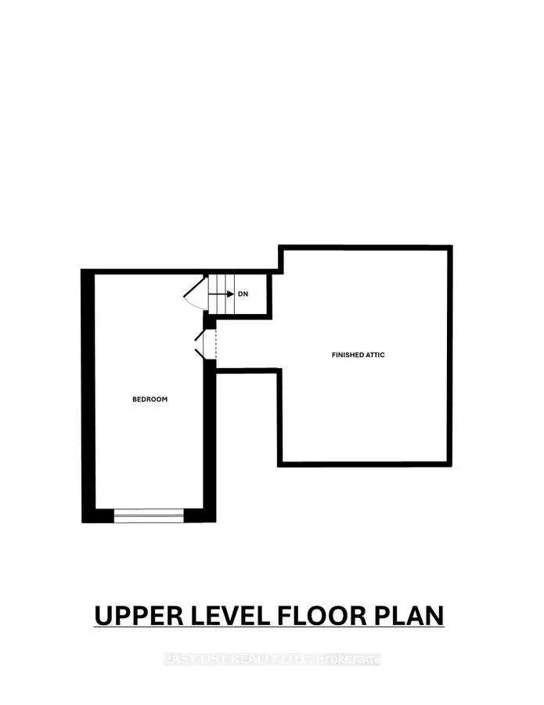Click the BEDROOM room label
point(150,399)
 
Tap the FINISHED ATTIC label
point(358,355)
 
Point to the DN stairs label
point(243,294)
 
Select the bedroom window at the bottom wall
point(149,515)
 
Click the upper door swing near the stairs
point(194,295)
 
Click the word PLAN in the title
point(410,616)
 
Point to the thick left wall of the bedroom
point(88,392)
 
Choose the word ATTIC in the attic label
point(375,355)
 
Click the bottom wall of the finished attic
point(365,465)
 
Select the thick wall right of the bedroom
point(210,439)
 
